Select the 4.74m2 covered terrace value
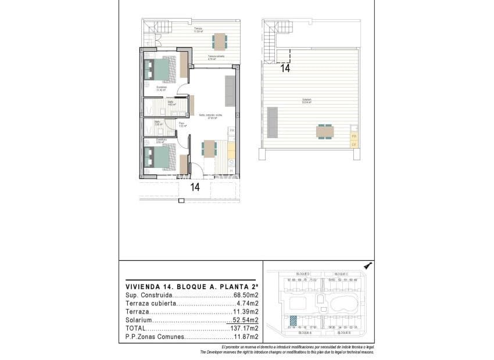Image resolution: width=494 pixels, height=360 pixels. click(247, 303)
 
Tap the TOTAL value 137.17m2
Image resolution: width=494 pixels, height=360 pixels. click(245, 328)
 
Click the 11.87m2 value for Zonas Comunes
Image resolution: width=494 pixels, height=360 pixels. click(246, 337)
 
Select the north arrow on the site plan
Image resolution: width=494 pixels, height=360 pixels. click(367, 266)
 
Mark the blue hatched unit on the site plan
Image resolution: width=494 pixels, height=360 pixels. click(293, 321)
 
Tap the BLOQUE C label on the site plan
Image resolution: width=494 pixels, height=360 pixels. click(341, 273)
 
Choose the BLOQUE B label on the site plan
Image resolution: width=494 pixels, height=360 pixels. click(341, 333)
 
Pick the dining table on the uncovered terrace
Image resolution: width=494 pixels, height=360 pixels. click(220, 41)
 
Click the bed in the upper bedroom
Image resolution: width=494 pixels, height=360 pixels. click(161, 70)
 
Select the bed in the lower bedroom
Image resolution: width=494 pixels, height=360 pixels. click(161, 156)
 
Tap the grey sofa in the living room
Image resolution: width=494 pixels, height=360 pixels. click(230, 91)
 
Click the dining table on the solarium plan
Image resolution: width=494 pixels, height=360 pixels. click(325, 131)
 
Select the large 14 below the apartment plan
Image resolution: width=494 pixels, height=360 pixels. click(195, 187)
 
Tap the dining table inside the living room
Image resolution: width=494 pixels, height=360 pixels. click(208, 149)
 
